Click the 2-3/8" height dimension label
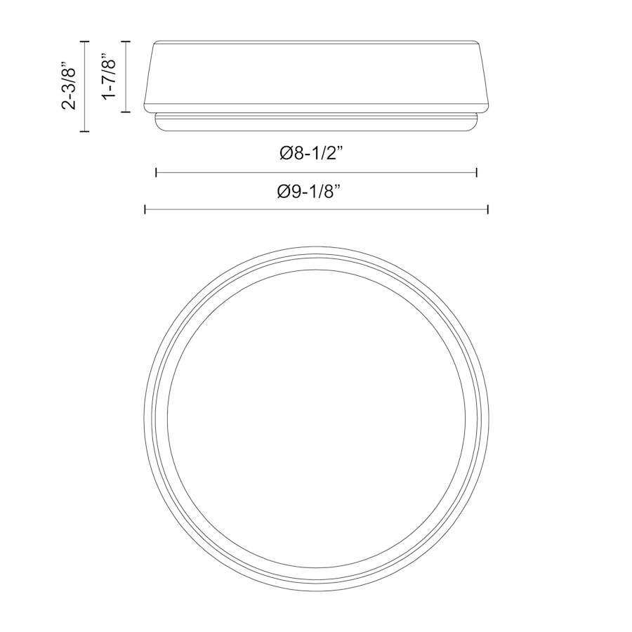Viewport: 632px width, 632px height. click(69, 86)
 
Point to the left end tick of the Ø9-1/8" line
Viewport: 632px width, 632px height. click(145, 209)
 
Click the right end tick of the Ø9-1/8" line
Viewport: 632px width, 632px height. click(487, 209)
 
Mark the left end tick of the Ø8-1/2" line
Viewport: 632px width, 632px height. click(156, 172)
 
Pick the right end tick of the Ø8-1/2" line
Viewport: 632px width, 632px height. click(477, 172)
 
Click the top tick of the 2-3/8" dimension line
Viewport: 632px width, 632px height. click(85, 41)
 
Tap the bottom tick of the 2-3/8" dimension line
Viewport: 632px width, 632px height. click(85, 131)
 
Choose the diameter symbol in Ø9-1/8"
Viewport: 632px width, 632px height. click(284, 191)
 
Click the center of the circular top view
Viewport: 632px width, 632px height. click(316, 419)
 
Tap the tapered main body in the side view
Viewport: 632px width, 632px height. click(316, 74)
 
